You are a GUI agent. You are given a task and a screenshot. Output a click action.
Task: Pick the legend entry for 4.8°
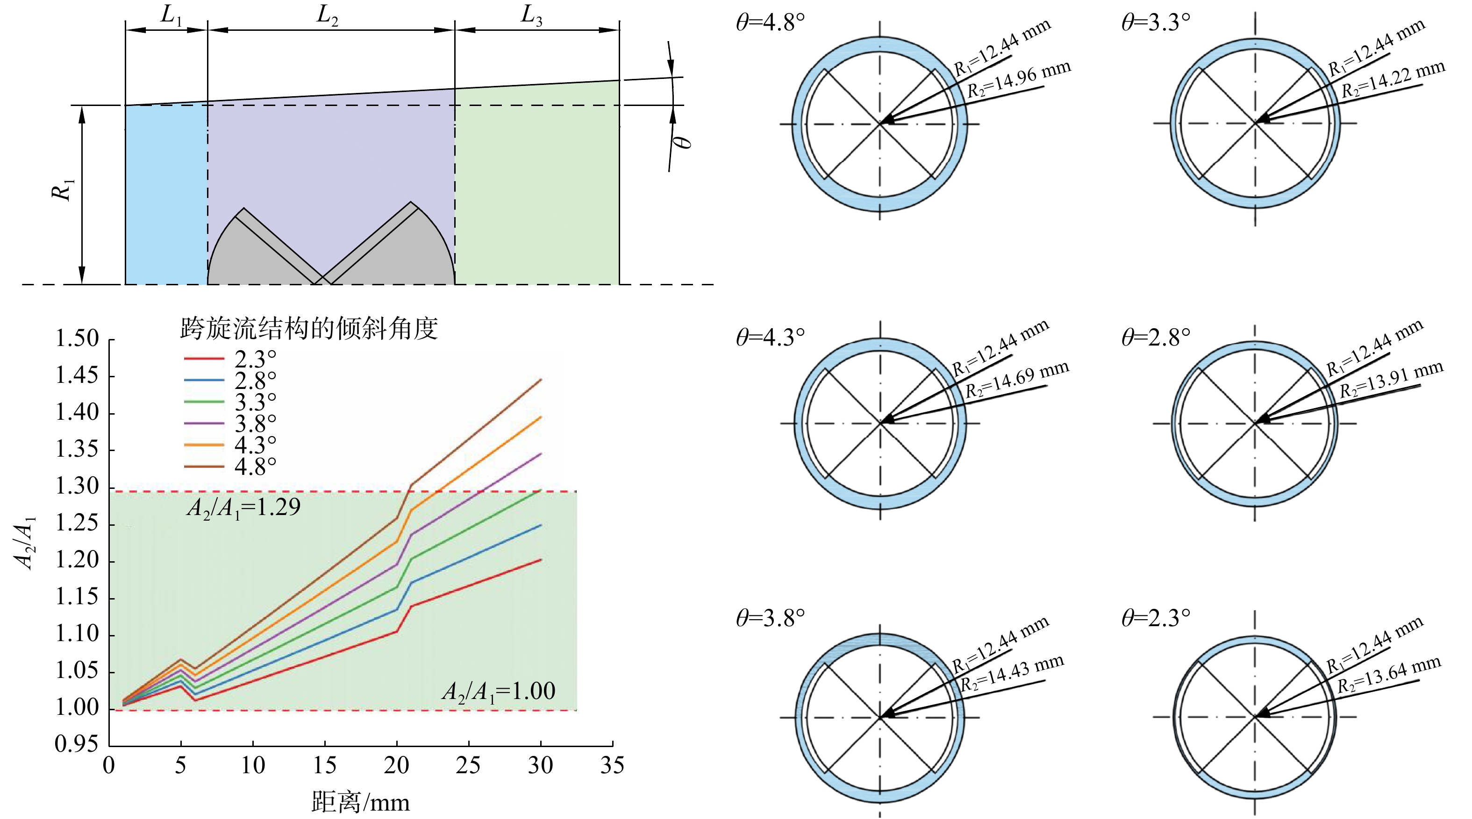pos(230,466)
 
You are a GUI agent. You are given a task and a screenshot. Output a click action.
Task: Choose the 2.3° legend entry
pos(230,359)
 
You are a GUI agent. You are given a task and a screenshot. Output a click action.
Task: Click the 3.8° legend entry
pos(230,423)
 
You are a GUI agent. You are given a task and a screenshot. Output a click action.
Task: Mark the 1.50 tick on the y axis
pos(77,338)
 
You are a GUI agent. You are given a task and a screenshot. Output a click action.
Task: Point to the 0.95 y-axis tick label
pos(77,744)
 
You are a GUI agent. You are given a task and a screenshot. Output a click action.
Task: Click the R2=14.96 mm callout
pos(1019,79)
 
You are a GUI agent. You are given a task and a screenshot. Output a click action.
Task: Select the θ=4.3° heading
pos(770,337)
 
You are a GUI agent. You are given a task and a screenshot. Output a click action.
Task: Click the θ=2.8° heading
pos(1156,337)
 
